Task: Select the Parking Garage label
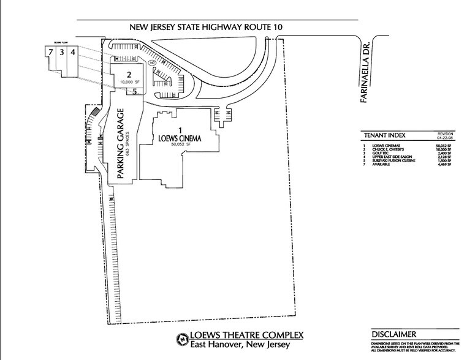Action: (121, 144)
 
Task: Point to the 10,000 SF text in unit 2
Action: (130, 81)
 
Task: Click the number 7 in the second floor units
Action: (50, 53)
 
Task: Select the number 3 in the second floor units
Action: (61, 53)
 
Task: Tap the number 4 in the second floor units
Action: (72, 53)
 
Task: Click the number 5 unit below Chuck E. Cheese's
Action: (134, 92)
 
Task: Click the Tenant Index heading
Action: (384, 135)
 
